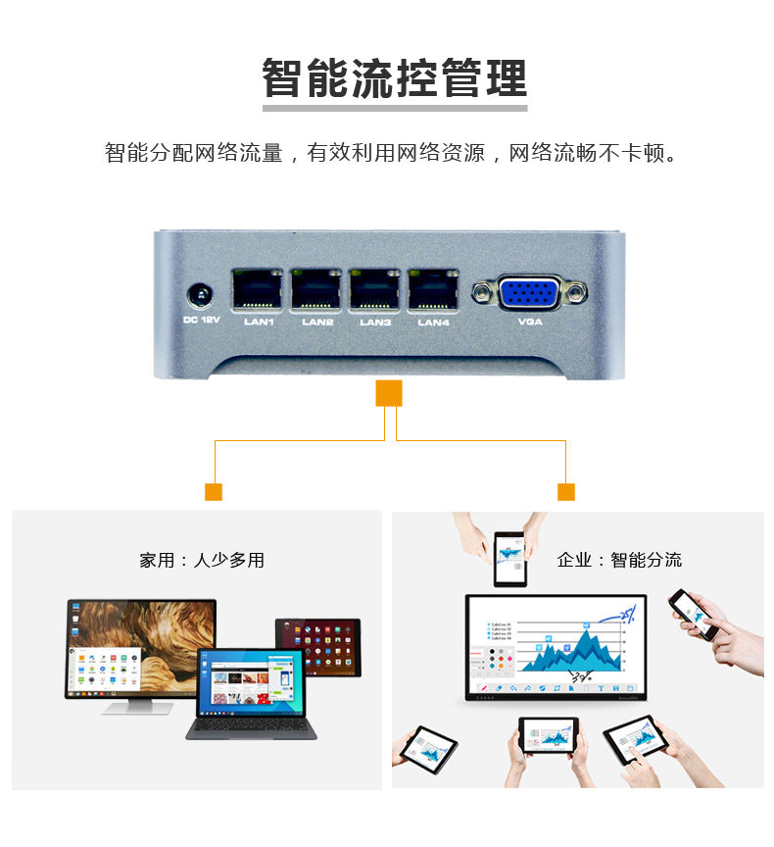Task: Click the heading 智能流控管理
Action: (x=394, y=78)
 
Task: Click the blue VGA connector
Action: (x=529, y=292)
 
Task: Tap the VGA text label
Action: (x=529, y=322)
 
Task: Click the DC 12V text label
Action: (x=202, y=320)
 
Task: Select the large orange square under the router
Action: (x=389, y=393)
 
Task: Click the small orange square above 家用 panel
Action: (x=214, y=492)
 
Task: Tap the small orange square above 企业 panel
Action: (x=565, y=492)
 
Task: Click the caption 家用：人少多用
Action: (x=202, y=561)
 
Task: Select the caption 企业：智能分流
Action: (x=619, y=561)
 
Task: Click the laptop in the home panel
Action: (x=251, y=691)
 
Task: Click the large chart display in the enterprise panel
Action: (x=556, y=647)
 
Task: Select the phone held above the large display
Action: (x=509, y=559)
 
